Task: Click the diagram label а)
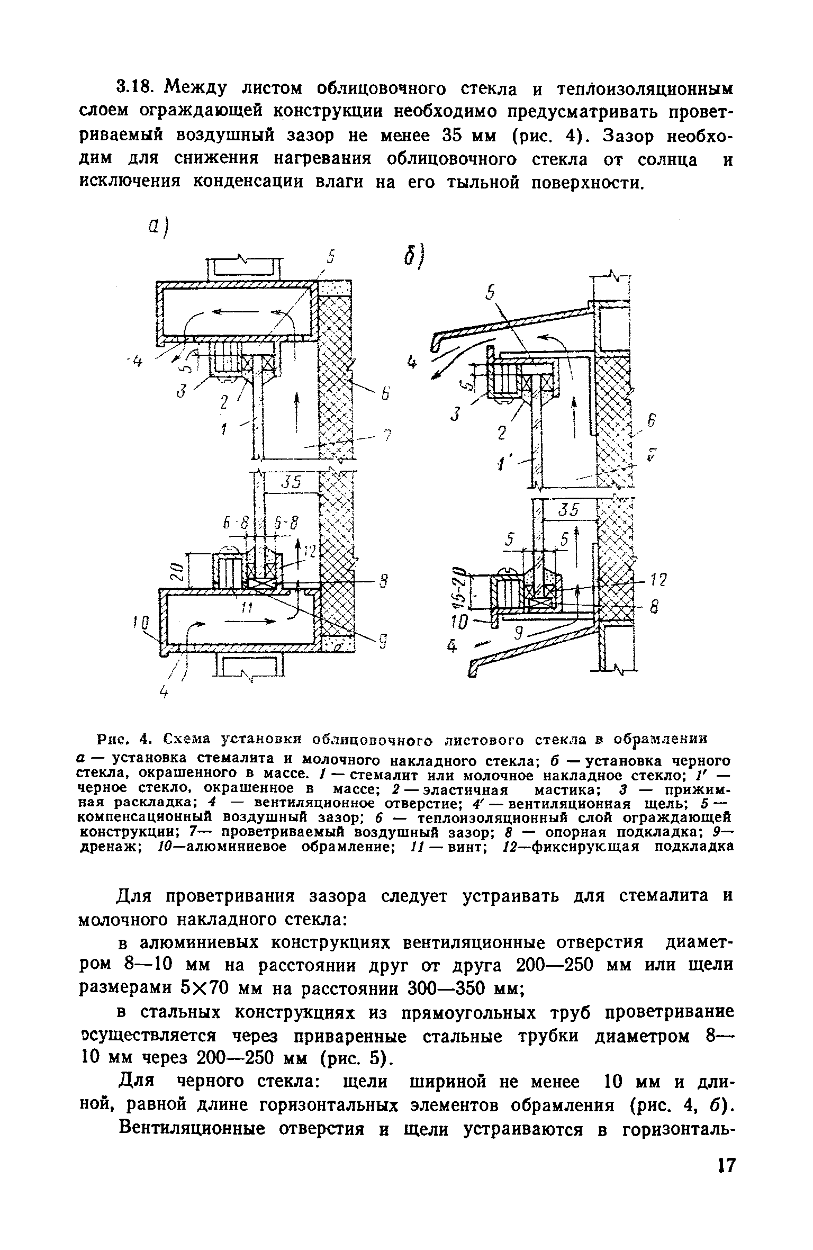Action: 157,229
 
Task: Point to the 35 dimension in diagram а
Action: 291,482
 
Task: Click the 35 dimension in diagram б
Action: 570,509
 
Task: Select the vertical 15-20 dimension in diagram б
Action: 462,587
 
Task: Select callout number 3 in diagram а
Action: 182,392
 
